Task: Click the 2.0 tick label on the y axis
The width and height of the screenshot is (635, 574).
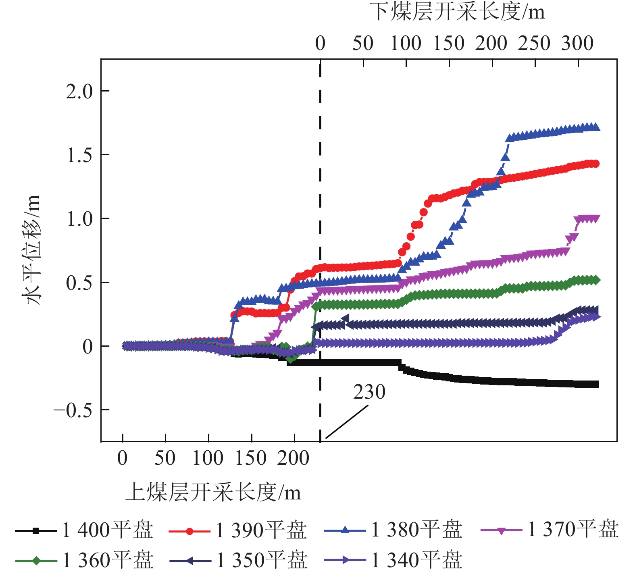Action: click(79, 92)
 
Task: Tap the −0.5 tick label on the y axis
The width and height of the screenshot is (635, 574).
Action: click(73, 411)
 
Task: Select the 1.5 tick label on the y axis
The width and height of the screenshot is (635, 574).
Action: click(79, 156)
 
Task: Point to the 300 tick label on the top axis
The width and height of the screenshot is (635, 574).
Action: click(577, 43)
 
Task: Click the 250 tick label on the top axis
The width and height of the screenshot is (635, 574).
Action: click(534, 43)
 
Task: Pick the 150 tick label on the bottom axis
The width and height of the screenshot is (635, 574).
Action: click(251, 458)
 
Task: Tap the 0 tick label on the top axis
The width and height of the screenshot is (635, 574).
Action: click(320, 43)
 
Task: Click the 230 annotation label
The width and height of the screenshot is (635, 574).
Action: click(369, 392)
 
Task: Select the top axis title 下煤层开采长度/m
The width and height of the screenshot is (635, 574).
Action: click(457, 12)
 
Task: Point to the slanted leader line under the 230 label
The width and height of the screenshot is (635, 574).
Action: click(347, 422)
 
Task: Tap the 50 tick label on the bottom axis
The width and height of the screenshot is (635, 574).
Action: click(165, 458)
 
